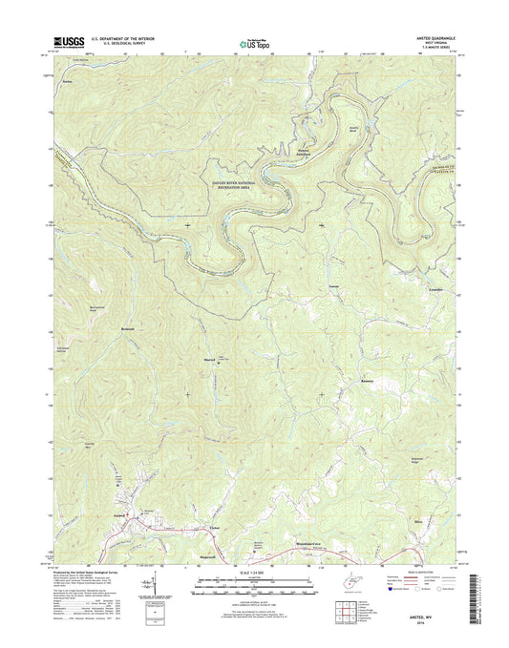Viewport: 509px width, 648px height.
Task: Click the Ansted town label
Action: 120,516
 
